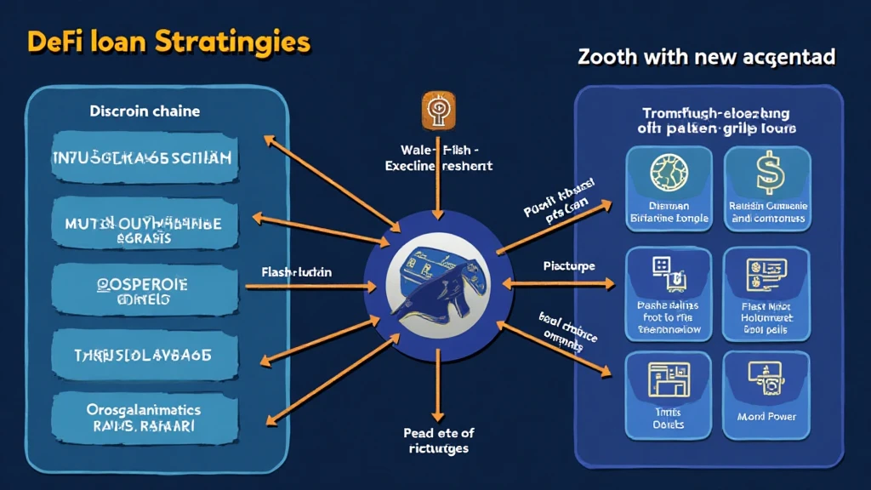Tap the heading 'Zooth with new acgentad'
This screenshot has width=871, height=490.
706,58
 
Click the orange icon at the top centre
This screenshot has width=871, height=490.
435,111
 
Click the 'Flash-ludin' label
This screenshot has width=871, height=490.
297,272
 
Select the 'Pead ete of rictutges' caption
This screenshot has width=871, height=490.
438,440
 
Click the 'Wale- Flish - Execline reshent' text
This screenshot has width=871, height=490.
438,157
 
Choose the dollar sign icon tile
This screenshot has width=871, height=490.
768,189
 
